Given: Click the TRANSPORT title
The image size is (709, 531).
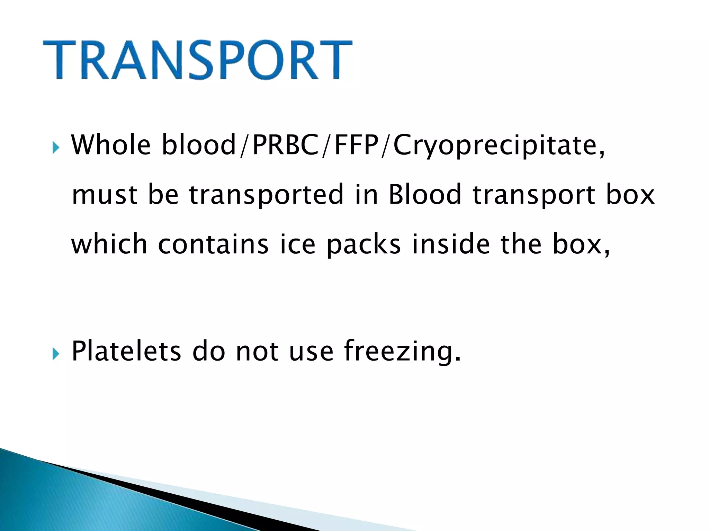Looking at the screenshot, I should (197, 60).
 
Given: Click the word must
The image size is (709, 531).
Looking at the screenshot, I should (104, 195).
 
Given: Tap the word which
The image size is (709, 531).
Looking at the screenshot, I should (109, 244).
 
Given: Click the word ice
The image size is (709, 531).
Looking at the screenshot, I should (297, 244).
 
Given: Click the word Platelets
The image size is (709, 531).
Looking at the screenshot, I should (126, 351).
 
